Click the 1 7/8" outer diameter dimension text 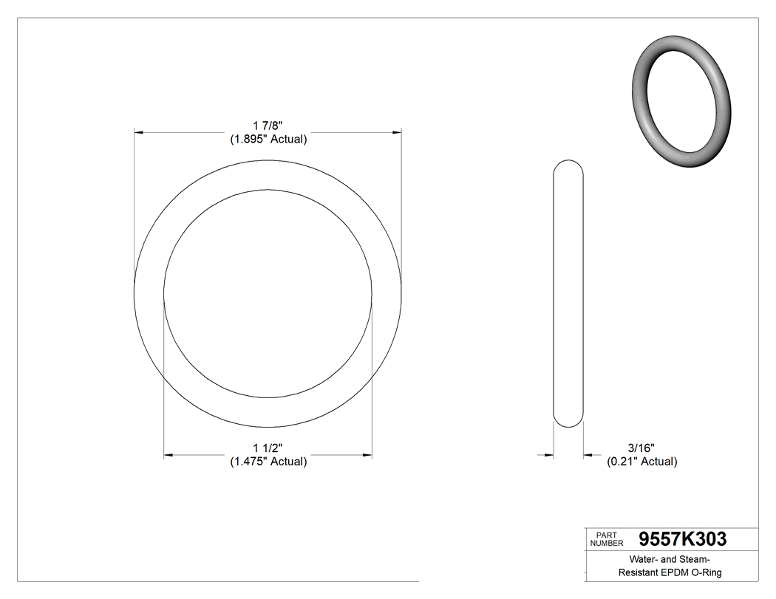[x=268, y=126]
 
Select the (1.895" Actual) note [x=268, y=139]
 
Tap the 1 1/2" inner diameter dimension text [x=268, y=448]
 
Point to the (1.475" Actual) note [x=268, y=462]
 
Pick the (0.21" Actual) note [x=641, y=462]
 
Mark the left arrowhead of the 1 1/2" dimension [x=169, y=456]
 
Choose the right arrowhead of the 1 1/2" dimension [x=367, y=456]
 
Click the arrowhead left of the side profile [x=549, y=456]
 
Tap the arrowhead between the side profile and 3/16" [x=588, y=456]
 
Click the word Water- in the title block [x=644, y=559]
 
